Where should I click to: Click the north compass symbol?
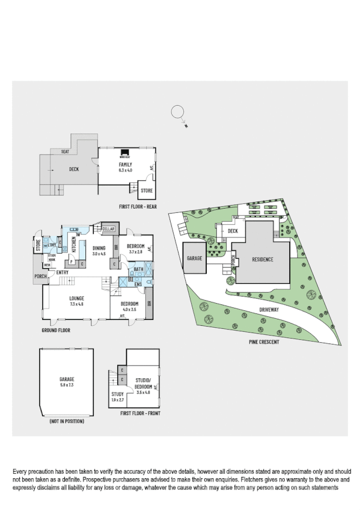178,112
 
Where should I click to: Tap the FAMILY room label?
125,165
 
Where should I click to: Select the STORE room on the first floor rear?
146,191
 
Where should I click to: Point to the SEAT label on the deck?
64,152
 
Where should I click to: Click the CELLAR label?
108,229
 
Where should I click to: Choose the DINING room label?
99,248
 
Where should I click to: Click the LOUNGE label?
76,298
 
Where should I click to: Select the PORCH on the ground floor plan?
41,277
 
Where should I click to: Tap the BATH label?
139,269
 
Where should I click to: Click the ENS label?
138,283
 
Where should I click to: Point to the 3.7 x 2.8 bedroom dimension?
135,253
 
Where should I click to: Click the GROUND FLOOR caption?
56,331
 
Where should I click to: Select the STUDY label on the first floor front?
117,394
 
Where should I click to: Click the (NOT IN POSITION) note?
66,422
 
